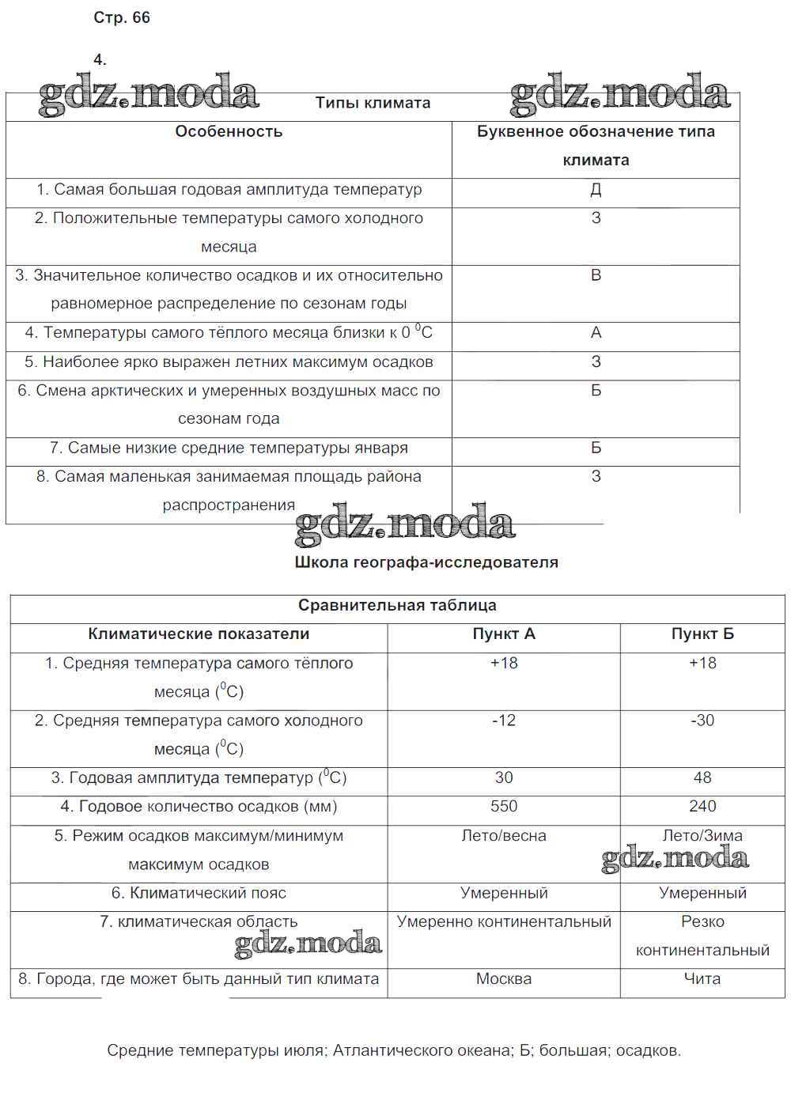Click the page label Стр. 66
(122, 18)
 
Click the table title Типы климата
(373, 103)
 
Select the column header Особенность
(229, 132)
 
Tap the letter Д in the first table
(596, 190)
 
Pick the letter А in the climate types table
(596, 333)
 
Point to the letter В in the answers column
(596, 275)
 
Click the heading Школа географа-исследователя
(426, 562)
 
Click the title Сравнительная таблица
(397, 606)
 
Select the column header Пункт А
(504, 634)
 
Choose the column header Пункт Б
(702, 634)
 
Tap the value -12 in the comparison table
(504, 721)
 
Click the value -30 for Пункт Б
(702, 721)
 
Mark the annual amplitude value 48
(702, 778)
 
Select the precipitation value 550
(504, 807)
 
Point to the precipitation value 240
(702, 807)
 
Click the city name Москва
(504, 979)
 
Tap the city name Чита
(702, 979)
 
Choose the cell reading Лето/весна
(504, 836)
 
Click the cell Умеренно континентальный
(504, 922)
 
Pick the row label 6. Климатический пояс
(199, 894)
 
